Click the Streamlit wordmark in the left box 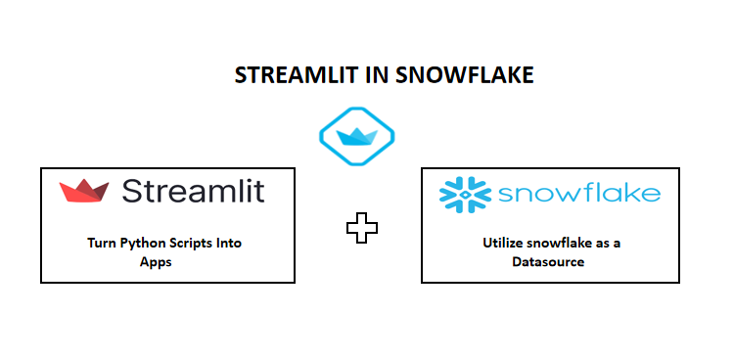coord(193,190)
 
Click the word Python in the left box coord(141,244)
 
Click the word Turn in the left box coord(102,244)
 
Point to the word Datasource coord(549,261)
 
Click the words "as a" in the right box coord(608,244)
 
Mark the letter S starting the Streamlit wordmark coord(132,190)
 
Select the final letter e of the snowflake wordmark coord(650,194)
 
